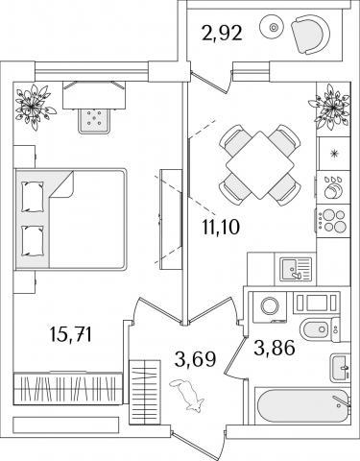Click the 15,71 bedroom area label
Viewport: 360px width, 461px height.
click(x=71, y=334)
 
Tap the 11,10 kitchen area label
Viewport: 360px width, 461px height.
click(x=221, y=227)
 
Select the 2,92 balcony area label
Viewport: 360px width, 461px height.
click(x=222, y=33)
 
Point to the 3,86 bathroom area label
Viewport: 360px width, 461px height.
click(x=275, y=348)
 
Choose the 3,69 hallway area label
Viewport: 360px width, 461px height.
click(x=196, y=359)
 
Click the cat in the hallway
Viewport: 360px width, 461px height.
click(x=187, y=395)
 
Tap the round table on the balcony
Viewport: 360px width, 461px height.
click(x=272, y=27)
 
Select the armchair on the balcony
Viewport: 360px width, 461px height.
click(x=310, y=35)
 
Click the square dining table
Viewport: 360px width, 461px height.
click(x=260, y=165)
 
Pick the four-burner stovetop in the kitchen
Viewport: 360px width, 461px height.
click(x=333, y=221)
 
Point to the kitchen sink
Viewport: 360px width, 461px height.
click(x=296, y=269)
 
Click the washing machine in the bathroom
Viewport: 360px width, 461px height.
click(x=270, y=306)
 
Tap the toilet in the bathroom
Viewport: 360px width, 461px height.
click(x=320, y=328)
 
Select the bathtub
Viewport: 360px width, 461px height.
click(x=302, y=406)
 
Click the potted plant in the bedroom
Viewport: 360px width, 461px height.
click(x=34, y=107)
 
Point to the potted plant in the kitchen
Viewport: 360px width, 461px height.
click(x=329, y=107)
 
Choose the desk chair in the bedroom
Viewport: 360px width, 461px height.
click(x=95, y=120)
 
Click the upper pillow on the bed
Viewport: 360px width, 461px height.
click(x=33, y=197)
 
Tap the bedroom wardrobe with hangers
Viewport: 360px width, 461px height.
click(x=67, y=388)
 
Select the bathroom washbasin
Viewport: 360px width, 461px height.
click(x=340, y=368)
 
